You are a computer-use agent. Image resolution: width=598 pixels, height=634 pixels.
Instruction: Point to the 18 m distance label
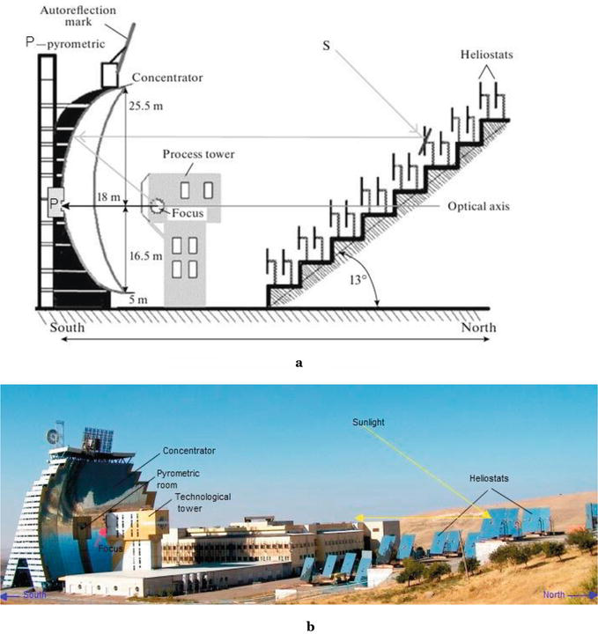[107, 200]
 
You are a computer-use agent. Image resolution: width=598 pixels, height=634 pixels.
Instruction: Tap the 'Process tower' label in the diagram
[192, 154]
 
